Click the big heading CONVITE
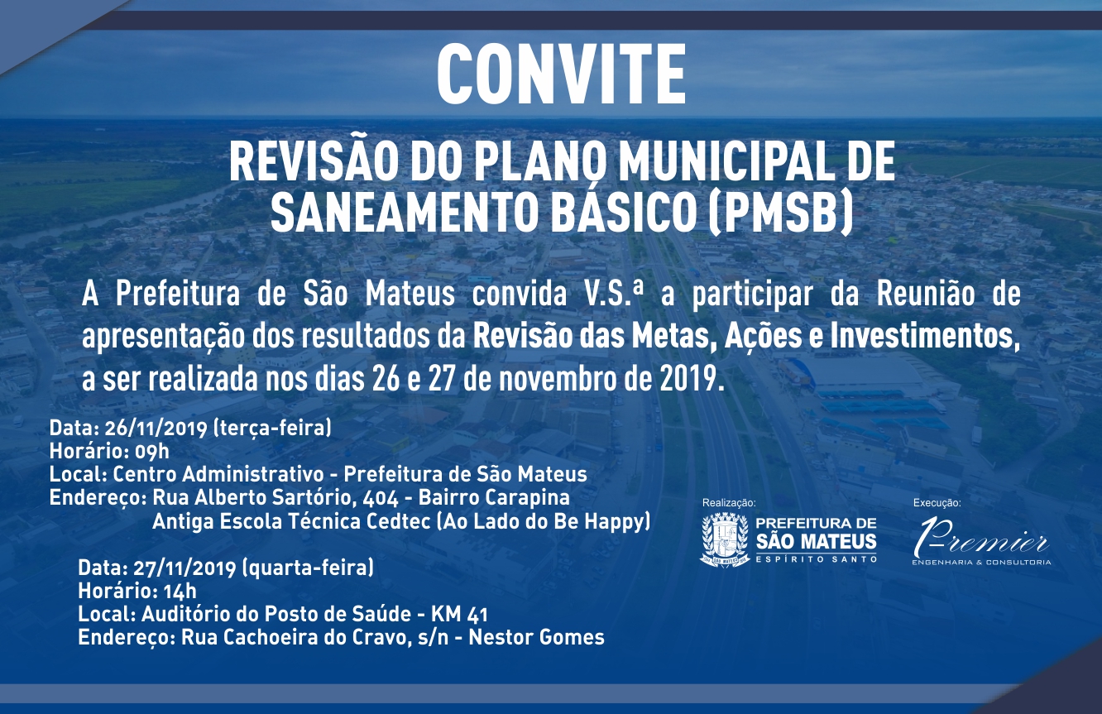561,74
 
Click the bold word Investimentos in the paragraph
924,337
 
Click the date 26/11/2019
156,429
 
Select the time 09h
151,451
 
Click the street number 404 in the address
380,498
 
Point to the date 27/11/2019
184,568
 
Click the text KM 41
459,614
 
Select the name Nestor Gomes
537,638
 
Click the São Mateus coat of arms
725,540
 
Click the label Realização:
729,503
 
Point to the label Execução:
937,503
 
